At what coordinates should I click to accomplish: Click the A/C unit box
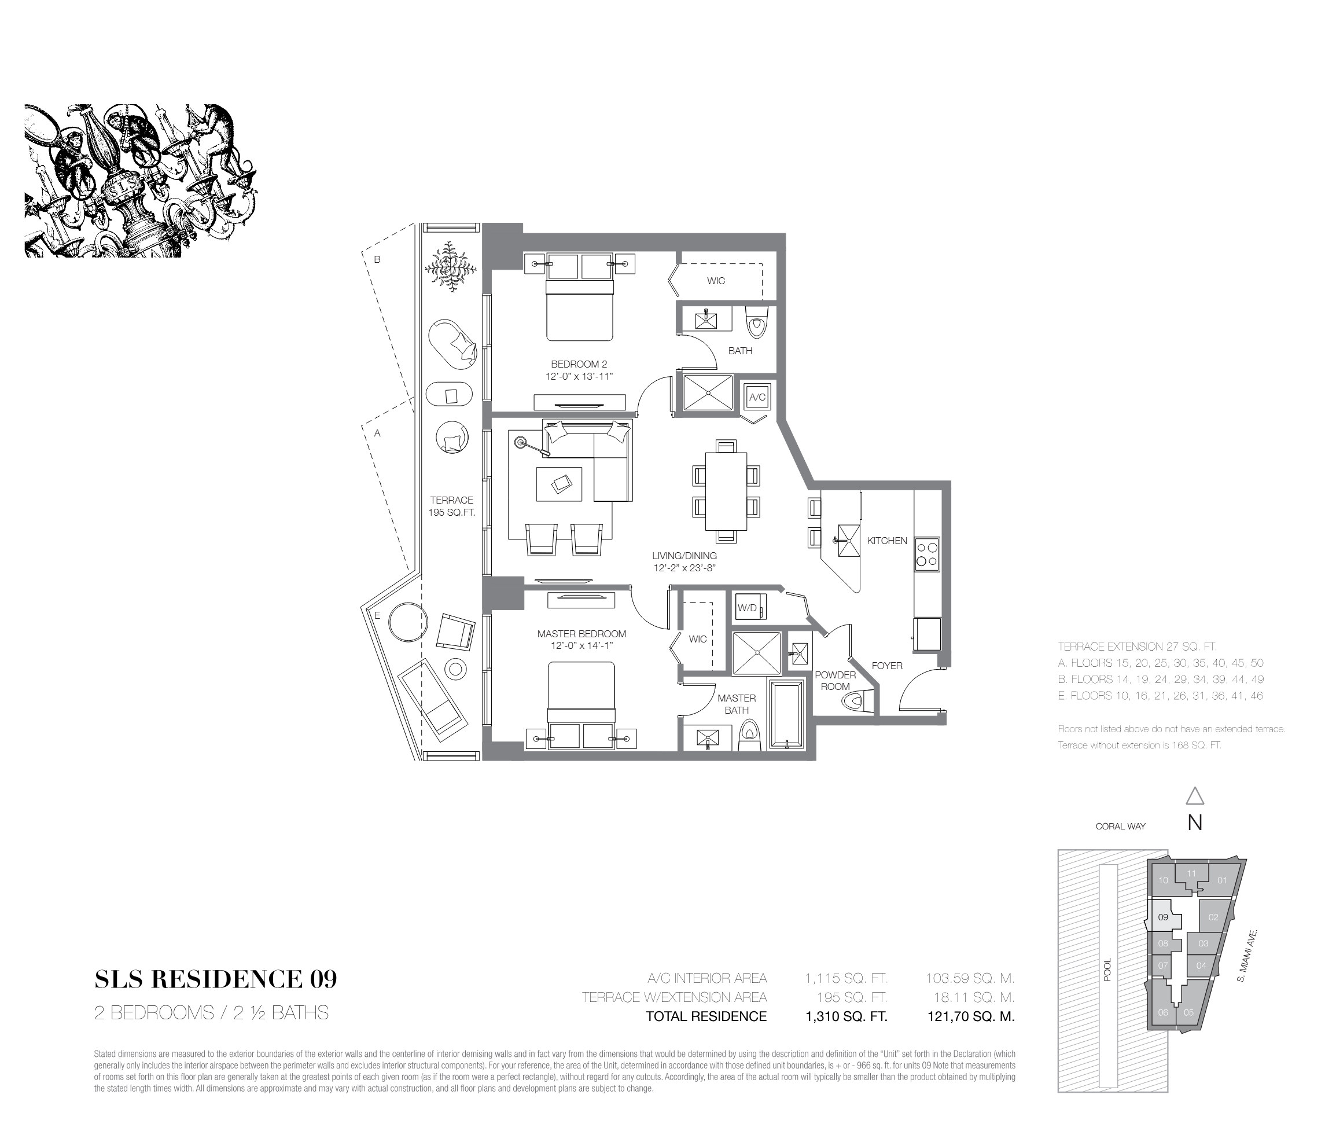point(757,397)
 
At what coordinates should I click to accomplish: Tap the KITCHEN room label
point(887,541)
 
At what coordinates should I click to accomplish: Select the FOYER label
point(887,665)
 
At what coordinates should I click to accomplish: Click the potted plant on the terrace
point(451,267)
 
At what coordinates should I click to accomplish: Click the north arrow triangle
point(1195,796)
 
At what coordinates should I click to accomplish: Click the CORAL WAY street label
point(1120,826)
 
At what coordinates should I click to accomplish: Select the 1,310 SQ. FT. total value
point(846,1016)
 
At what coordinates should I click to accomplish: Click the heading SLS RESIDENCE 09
point(215,979)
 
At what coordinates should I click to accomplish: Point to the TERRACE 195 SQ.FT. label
point(451,506)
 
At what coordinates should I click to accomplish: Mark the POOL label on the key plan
point(1107,968)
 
